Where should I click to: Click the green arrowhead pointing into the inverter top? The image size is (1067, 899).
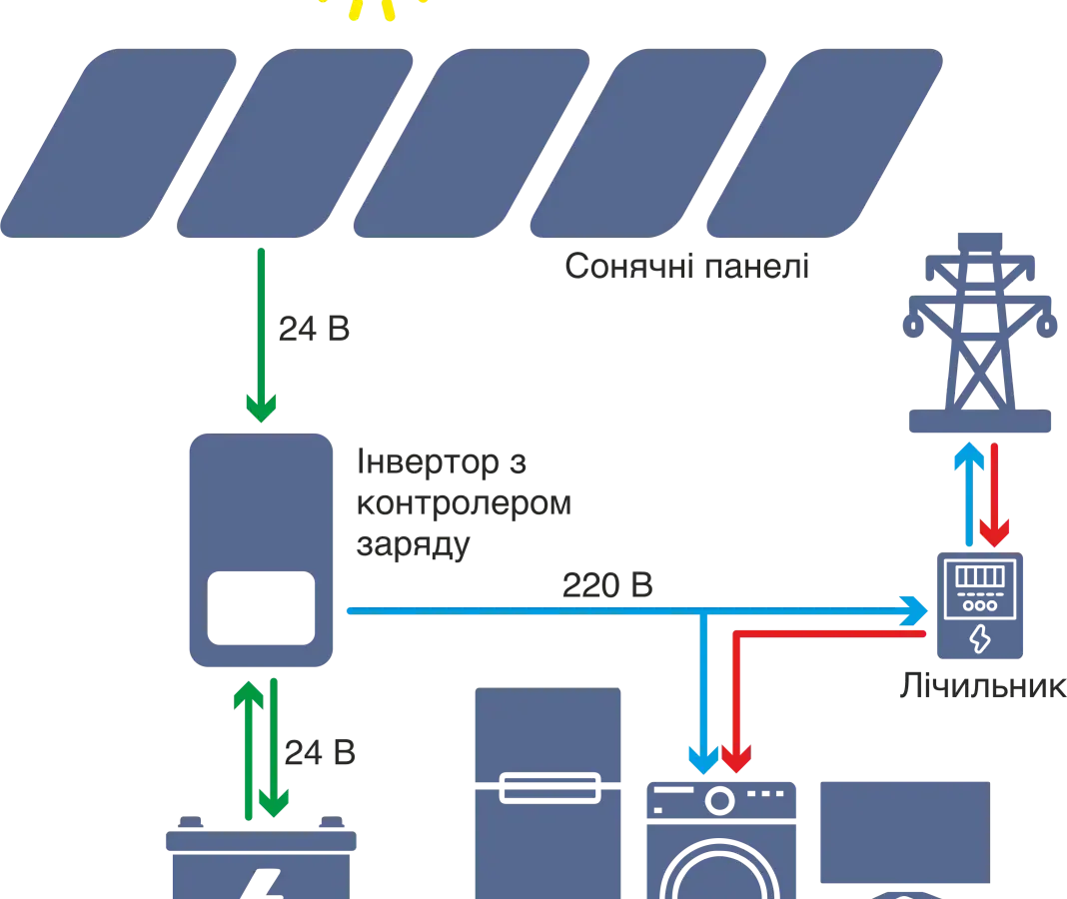coord(260,406)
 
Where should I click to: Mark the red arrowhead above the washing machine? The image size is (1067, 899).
coord(736,760)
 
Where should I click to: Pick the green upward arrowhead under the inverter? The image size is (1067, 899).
coord(246,695)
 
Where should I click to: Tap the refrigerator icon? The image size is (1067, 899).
coord(547,794)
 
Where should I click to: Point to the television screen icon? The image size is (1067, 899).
coord(903,834)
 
